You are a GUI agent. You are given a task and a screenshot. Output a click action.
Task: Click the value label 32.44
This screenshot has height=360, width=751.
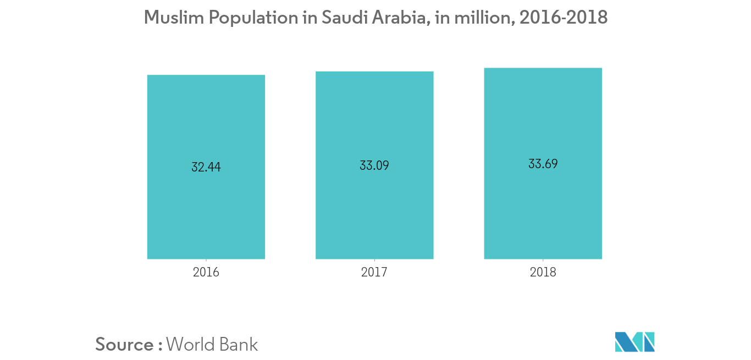tap(206, 167)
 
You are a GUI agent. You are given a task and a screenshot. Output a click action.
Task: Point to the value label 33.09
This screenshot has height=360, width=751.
tap(374, 165)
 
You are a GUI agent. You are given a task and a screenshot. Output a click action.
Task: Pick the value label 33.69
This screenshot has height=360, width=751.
tap(543, 164)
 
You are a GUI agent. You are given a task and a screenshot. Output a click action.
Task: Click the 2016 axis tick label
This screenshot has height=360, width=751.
tap(206, 272)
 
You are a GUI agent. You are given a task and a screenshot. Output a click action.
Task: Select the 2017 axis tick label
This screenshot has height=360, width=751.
tap(374, 272)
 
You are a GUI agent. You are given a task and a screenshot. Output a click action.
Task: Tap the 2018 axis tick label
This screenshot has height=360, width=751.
tap(543, 272)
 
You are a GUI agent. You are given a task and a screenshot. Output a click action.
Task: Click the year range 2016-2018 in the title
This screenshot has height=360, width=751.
tap(563, 18)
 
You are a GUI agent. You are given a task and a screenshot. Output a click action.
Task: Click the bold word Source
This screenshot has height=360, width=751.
tap(125, 345)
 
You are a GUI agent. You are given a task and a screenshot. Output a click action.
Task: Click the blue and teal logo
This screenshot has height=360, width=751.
tap(635, 342)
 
